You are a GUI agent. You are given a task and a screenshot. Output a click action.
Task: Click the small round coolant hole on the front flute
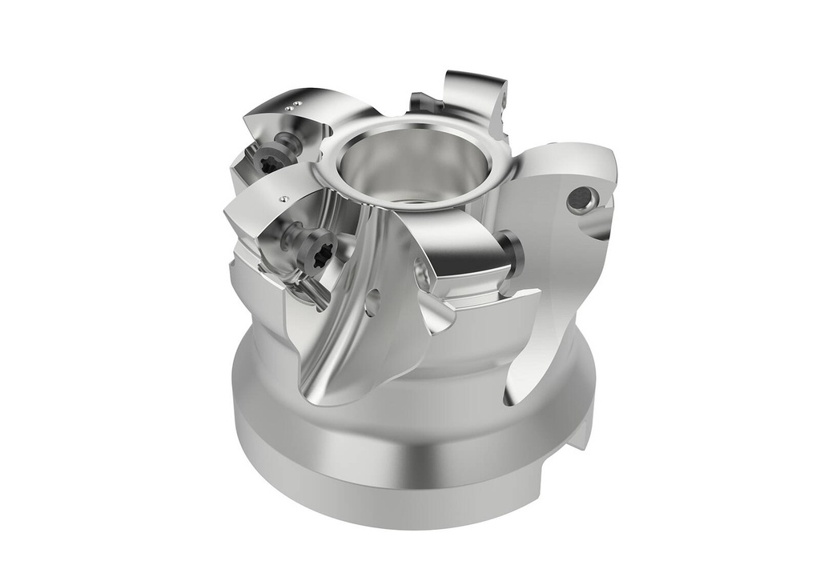(372, 303)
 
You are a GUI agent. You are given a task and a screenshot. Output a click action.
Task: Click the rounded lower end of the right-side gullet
(513, 392)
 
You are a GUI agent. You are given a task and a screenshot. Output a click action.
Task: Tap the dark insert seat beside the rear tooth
(422, 102)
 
